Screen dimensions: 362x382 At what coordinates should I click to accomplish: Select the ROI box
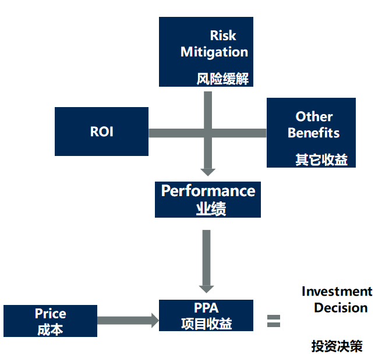pos(101,132)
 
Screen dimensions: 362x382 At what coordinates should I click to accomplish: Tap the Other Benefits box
pos(311,133)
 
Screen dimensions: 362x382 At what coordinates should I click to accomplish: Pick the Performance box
pos(208,199)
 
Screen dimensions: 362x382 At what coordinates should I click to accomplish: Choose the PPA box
pos(206,315)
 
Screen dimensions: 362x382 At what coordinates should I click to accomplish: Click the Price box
pos(50,321)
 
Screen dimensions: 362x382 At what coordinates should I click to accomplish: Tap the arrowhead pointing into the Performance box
pos(207,172)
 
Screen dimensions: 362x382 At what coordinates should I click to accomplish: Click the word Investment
pos(337,292)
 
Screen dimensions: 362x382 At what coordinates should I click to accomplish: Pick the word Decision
pos(341,307)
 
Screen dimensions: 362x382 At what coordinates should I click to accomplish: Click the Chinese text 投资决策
pos(337,347)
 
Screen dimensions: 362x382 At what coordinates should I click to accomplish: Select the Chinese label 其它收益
pos(321,159)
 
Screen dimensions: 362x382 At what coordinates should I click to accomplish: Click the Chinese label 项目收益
pos(206,324)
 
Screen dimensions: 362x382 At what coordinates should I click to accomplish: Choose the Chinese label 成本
pos(50,329)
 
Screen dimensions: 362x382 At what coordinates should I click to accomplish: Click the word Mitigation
pos(214,52)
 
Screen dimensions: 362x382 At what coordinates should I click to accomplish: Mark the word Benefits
pos(313,133)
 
